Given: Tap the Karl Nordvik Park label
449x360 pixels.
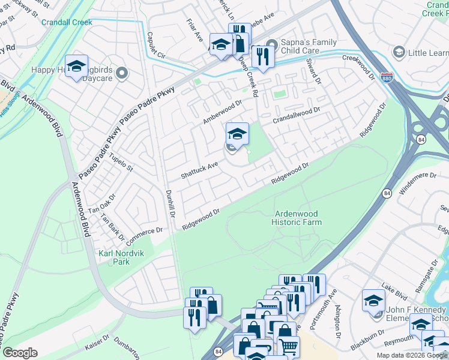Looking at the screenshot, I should coord(113,258).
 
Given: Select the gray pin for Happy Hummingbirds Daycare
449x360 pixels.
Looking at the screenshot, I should coord(122,74).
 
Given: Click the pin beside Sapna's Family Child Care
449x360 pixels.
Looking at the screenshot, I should coord(273,45).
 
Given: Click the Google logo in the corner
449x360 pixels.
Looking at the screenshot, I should coord(20,353).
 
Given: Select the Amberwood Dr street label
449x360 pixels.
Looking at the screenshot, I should coord(222,112).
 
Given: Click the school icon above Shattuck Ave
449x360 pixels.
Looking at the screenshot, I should coord(237,134).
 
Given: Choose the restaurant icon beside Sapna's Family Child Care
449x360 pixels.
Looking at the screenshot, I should coord(262,56).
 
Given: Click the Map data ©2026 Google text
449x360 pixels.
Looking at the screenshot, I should coord(411,355).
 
